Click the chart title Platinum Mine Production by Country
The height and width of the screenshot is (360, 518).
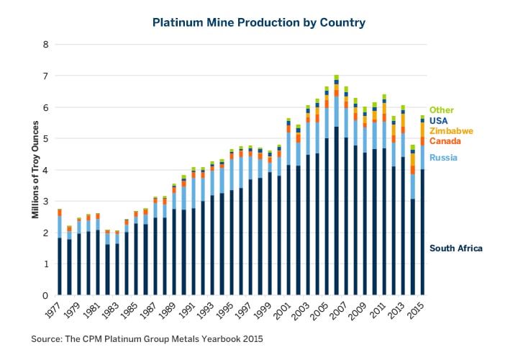(x=259, y=22)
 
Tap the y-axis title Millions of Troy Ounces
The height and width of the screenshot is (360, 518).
(x=35, y=170)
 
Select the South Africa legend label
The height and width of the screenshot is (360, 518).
(x=455, y=248)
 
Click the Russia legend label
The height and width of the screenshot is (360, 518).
(x=442, y=158)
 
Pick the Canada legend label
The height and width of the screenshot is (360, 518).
(x=445, y=142)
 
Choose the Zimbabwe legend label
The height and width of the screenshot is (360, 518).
(x=450, y=131)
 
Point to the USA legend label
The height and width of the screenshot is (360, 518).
(x=439, y=120)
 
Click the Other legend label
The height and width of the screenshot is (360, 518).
(x=441, y=109)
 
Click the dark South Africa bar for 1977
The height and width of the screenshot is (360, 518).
(x=60, y=266)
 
